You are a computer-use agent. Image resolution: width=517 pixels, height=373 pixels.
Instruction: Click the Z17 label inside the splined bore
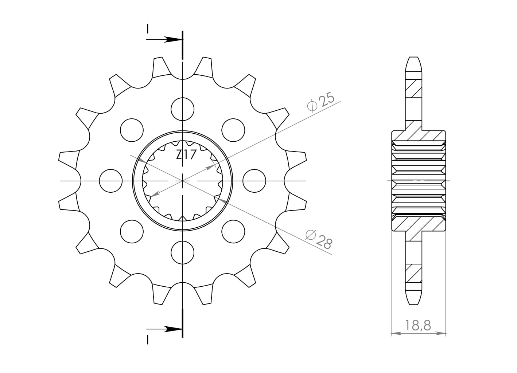coord(186,155)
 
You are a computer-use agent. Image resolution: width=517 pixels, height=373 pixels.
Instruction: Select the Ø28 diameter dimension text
coord(319,239)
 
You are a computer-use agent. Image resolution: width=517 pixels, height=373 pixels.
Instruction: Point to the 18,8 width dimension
coord(418,326)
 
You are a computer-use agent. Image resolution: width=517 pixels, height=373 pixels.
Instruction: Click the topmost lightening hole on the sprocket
coord(182,109)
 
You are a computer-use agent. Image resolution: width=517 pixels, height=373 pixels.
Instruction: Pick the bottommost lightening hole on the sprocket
coord(182,253)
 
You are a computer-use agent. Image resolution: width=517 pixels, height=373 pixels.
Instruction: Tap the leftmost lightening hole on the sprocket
coord(111,181)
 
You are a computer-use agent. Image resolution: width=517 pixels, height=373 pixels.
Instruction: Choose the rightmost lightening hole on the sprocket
coord(254,181)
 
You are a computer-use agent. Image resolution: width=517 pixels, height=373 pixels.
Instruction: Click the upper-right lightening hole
coord(233,130)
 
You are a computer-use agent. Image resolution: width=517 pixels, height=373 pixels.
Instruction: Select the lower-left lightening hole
coord(132,231)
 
